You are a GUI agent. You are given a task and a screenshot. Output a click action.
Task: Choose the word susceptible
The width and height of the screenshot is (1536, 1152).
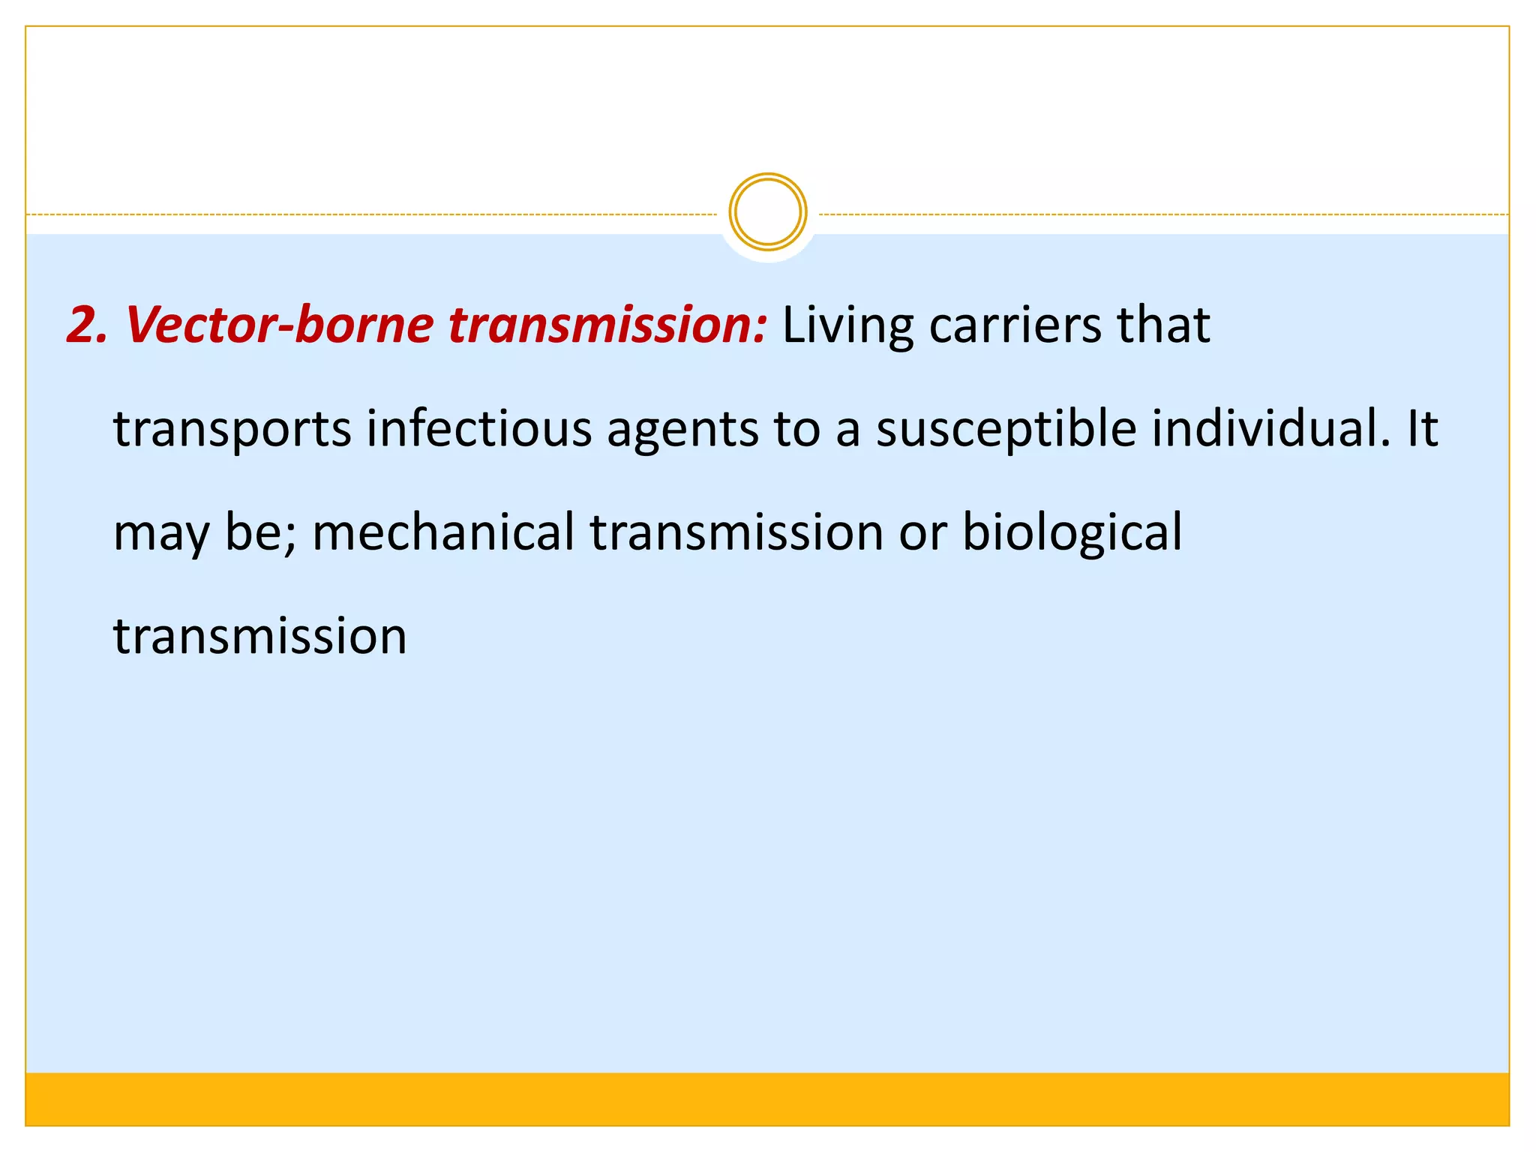coord(1006,430)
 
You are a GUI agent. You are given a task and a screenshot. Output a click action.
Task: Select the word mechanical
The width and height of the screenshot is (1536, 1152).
coord(442,532)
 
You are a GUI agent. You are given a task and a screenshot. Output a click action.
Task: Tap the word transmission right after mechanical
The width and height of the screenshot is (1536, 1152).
coord(736,532)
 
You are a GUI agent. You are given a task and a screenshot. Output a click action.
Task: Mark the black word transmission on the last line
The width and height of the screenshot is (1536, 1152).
coord(259,636)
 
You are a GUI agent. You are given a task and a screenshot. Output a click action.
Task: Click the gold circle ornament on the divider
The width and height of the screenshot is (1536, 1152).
coord(767,212)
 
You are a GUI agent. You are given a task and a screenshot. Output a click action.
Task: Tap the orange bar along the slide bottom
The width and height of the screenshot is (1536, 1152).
coord(767,1099)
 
